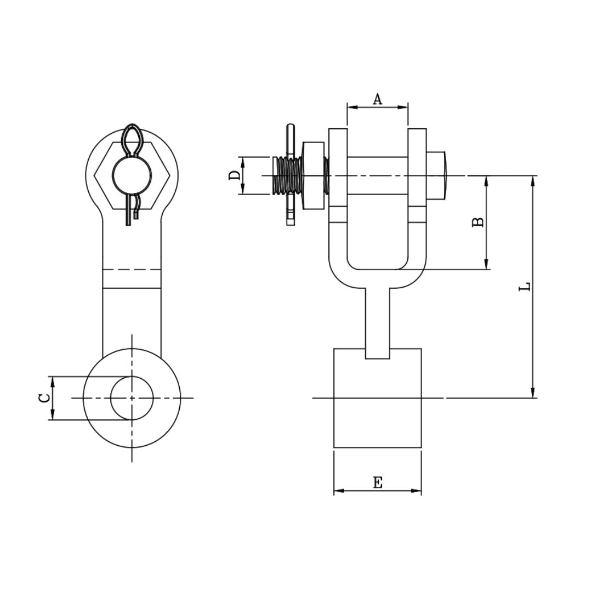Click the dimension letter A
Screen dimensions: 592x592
tap(377, 99)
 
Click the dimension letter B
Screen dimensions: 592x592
tap(478, 222)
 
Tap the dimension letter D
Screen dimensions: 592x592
tap(234, 175)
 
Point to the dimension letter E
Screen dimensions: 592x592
tap(377, 483)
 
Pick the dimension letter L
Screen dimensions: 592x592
tap(525, 286)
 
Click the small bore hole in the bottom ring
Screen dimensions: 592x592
tap(132, 398)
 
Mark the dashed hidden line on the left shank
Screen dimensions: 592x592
tap(132, 270)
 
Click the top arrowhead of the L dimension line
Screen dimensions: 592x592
tap(533, 180)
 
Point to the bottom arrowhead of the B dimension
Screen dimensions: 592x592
tap(486, 265)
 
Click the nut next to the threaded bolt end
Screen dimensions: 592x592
tap(313, 175)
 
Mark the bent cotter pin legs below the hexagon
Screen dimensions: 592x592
tap(132, 211)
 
